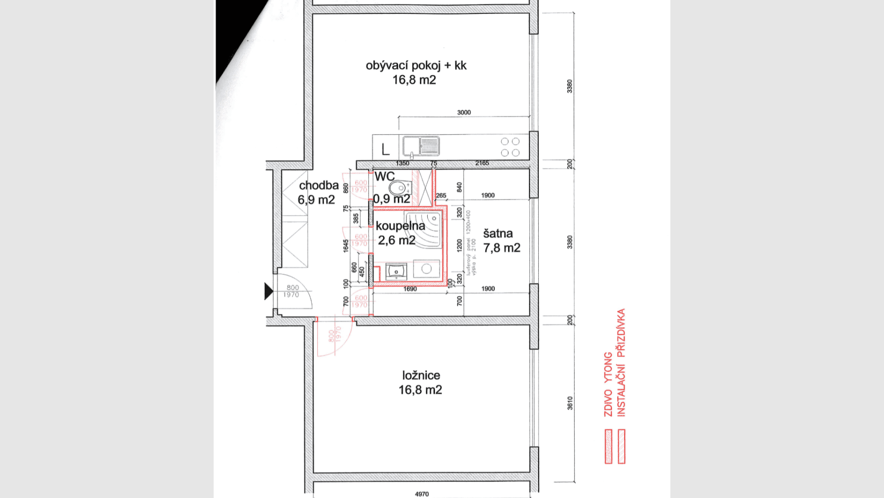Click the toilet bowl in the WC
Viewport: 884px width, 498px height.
[397, 188]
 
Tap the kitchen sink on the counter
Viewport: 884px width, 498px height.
[421, 146]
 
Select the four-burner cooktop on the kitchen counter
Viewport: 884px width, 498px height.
[510, 146]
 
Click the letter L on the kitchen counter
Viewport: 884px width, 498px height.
[386, 149]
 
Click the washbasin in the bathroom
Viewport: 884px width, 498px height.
[396, 271]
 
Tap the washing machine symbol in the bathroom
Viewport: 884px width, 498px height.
[426, 269]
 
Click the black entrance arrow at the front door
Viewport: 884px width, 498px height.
[268, 291]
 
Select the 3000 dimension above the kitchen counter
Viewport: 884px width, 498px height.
[464, 113]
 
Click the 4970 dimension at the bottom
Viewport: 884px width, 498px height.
[421, 494]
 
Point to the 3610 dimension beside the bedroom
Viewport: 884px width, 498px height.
[570, 403]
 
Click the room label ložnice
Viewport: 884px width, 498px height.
[421, 375]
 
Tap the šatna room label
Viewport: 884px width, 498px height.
[497, 234]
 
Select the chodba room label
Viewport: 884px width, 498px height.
[319, 185]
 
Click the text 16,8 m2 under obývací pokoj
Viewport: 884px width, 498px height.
[414, 80]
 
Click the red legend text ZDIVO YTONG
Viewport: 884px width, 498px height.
[608, 384]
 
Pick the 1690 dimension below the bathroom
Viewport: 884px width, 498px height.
[410, 289]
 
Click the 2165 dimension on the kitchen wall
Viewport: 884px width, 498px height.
[482, 163]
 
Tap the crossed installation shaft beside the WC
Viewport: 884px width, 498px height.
[424, 187]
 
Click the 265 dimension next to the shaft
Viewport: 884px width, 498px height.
[441, 195]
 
